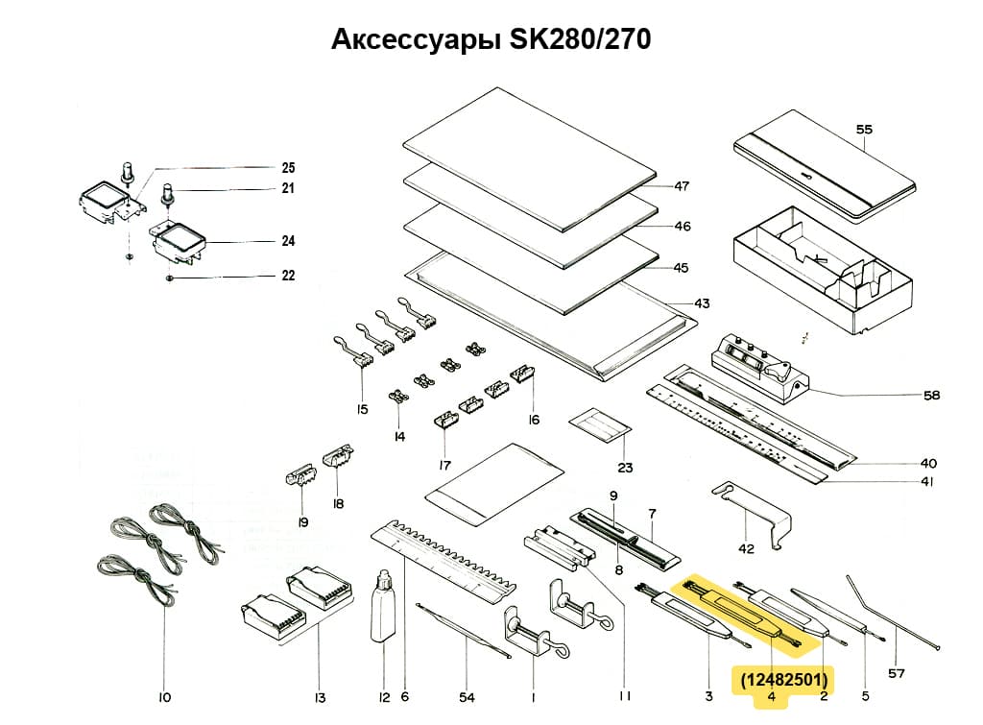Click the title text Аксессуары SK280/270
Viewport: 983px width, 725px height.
click(x=491, y=39)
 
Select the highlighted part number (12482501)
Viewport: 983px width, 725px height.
click(x=784, y=680)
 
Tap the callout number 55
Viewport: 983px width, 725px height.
click(x=864, y=129)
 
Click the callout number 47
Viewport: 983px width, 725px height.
click(x=682, y=186)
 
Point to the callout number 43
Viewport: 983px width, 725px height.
click(x=702, y=303)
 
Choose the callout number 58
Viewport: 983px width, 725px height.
click(x=930, y=395)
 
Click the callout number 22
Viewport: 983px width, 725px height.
click(x=288, y=276)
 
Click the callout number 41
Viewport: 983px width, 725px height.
click(x=926, y=482)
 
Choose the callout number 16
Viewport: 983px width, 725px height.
click(x=533, y=419)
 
